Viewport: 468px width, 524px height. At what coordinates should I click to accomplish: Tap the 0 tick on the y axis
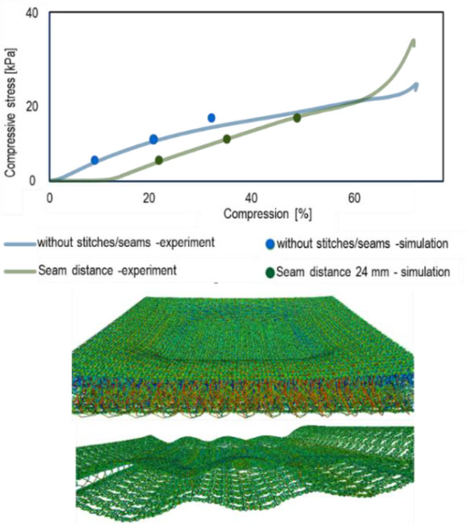pos(34,181)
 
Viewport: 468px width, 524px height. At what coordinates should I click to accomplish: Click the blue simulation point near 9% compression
pos(95,160)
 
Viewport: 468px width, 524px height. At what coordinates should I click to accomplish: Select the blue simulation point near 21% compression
pos(154,139)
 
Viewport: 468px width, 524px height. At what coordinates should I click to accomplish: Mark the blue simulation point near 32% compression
pos(211,118)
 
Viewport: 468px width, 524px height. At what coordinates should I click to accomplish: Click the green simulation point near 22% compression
pos(159,160)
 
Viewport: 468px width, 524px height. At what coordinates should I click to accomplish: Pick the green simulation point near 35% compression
pos(227,139)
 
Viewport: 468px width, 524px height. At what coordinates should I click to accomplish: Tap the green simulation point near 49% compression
pos(297,118)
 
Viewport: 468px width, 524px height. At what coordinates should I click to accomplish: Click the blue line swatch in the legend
pos(20,244)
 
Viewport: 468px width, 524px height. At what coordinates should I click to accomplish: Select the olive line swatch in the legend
pos(20,271)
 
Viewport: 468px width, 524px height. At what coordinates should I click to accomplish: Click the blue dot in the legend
pos(271,245)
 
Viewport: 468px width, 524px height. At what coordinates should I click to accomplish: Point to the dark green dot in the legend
pos(271,273)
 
